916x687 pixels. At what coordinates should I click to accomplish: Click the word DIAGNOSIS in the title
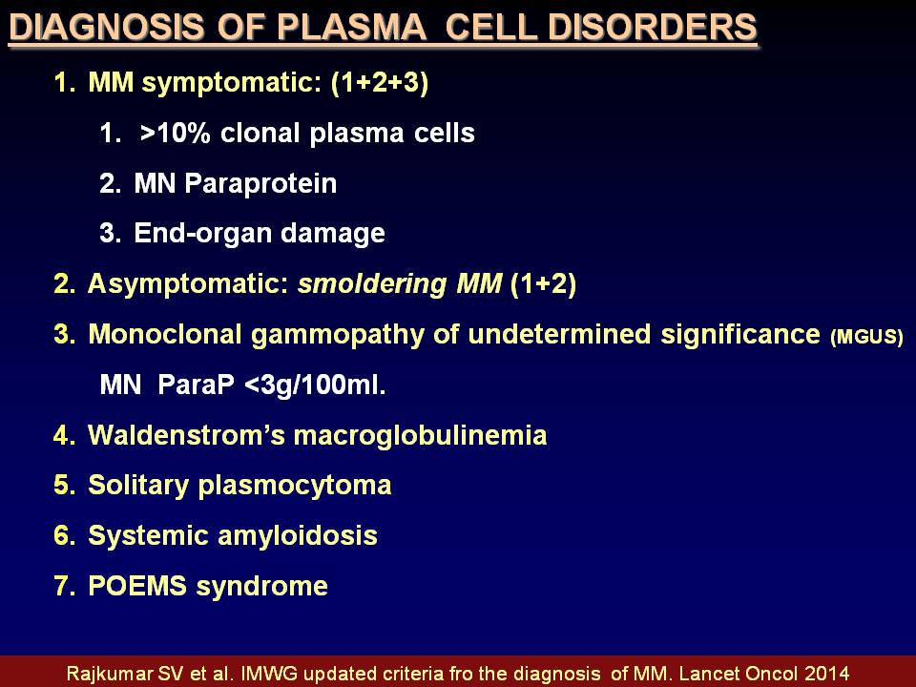tap(107, 27)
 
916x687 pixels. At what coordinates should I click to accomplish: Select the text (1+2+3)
tap(380, 82)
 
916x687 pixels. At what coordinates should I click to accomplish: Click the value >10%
tap(175, 134)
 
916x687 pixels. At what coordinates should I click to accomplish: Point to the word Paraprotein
tap(260, 184)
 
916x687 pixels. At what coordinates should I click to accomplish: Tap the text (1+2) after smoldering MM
tap(543, 284)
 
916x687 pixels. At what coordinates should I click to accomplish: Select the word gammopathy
tap(338, 335)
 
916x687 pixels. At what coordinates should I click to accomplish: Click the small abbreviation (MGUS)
tap(866, 337)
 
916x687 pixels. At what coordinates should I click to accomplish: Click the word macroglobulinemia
tap(420, 436)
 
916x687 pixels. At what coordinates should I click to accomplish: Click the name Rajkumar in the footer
tap(109, 674)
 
